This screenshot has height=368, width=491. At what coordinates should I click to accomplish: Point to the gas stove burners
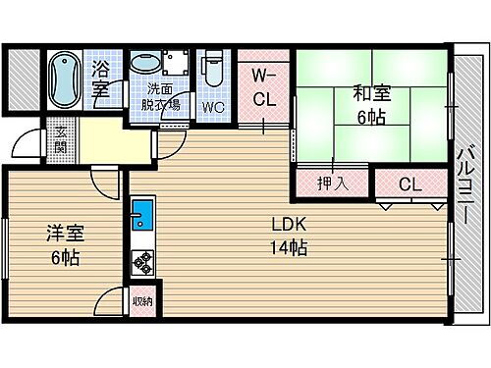tap(141, 262)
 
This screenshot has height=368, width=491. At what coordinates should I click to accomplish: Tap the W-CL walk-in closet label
tap(263, 85)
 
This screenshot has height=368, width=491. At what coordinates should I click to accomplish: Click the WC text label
tap(214, 106)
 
